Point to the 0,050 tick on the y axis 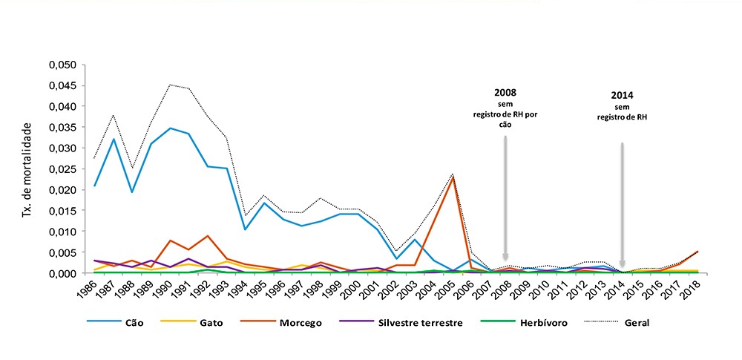tap(62, 65)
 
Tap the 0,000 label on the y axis tap(62, 273)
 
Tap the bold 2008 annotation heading tap(505, 94)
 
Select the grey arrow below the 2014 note tap(622, 204)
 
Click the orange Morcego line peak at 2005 tap(453, 177)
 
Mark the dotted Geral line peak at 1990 tap(170, 85)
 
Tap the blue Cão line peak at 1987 tap(114, 140)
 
